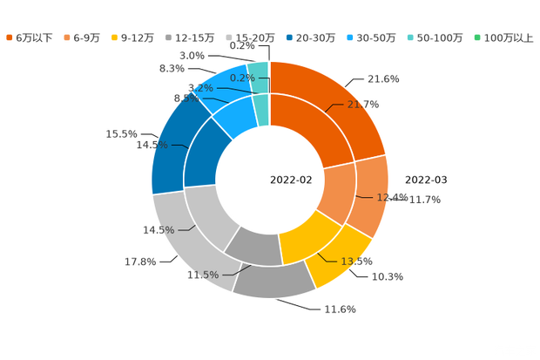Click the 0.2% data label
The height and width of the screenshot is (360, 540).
(241, 78)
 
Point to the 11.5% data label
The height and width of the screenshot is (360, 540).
(202, 275)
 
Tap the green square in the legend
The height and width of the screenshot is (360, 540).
(476, 37)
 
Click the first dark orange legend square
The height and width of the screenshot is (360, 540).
(9, 37)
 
